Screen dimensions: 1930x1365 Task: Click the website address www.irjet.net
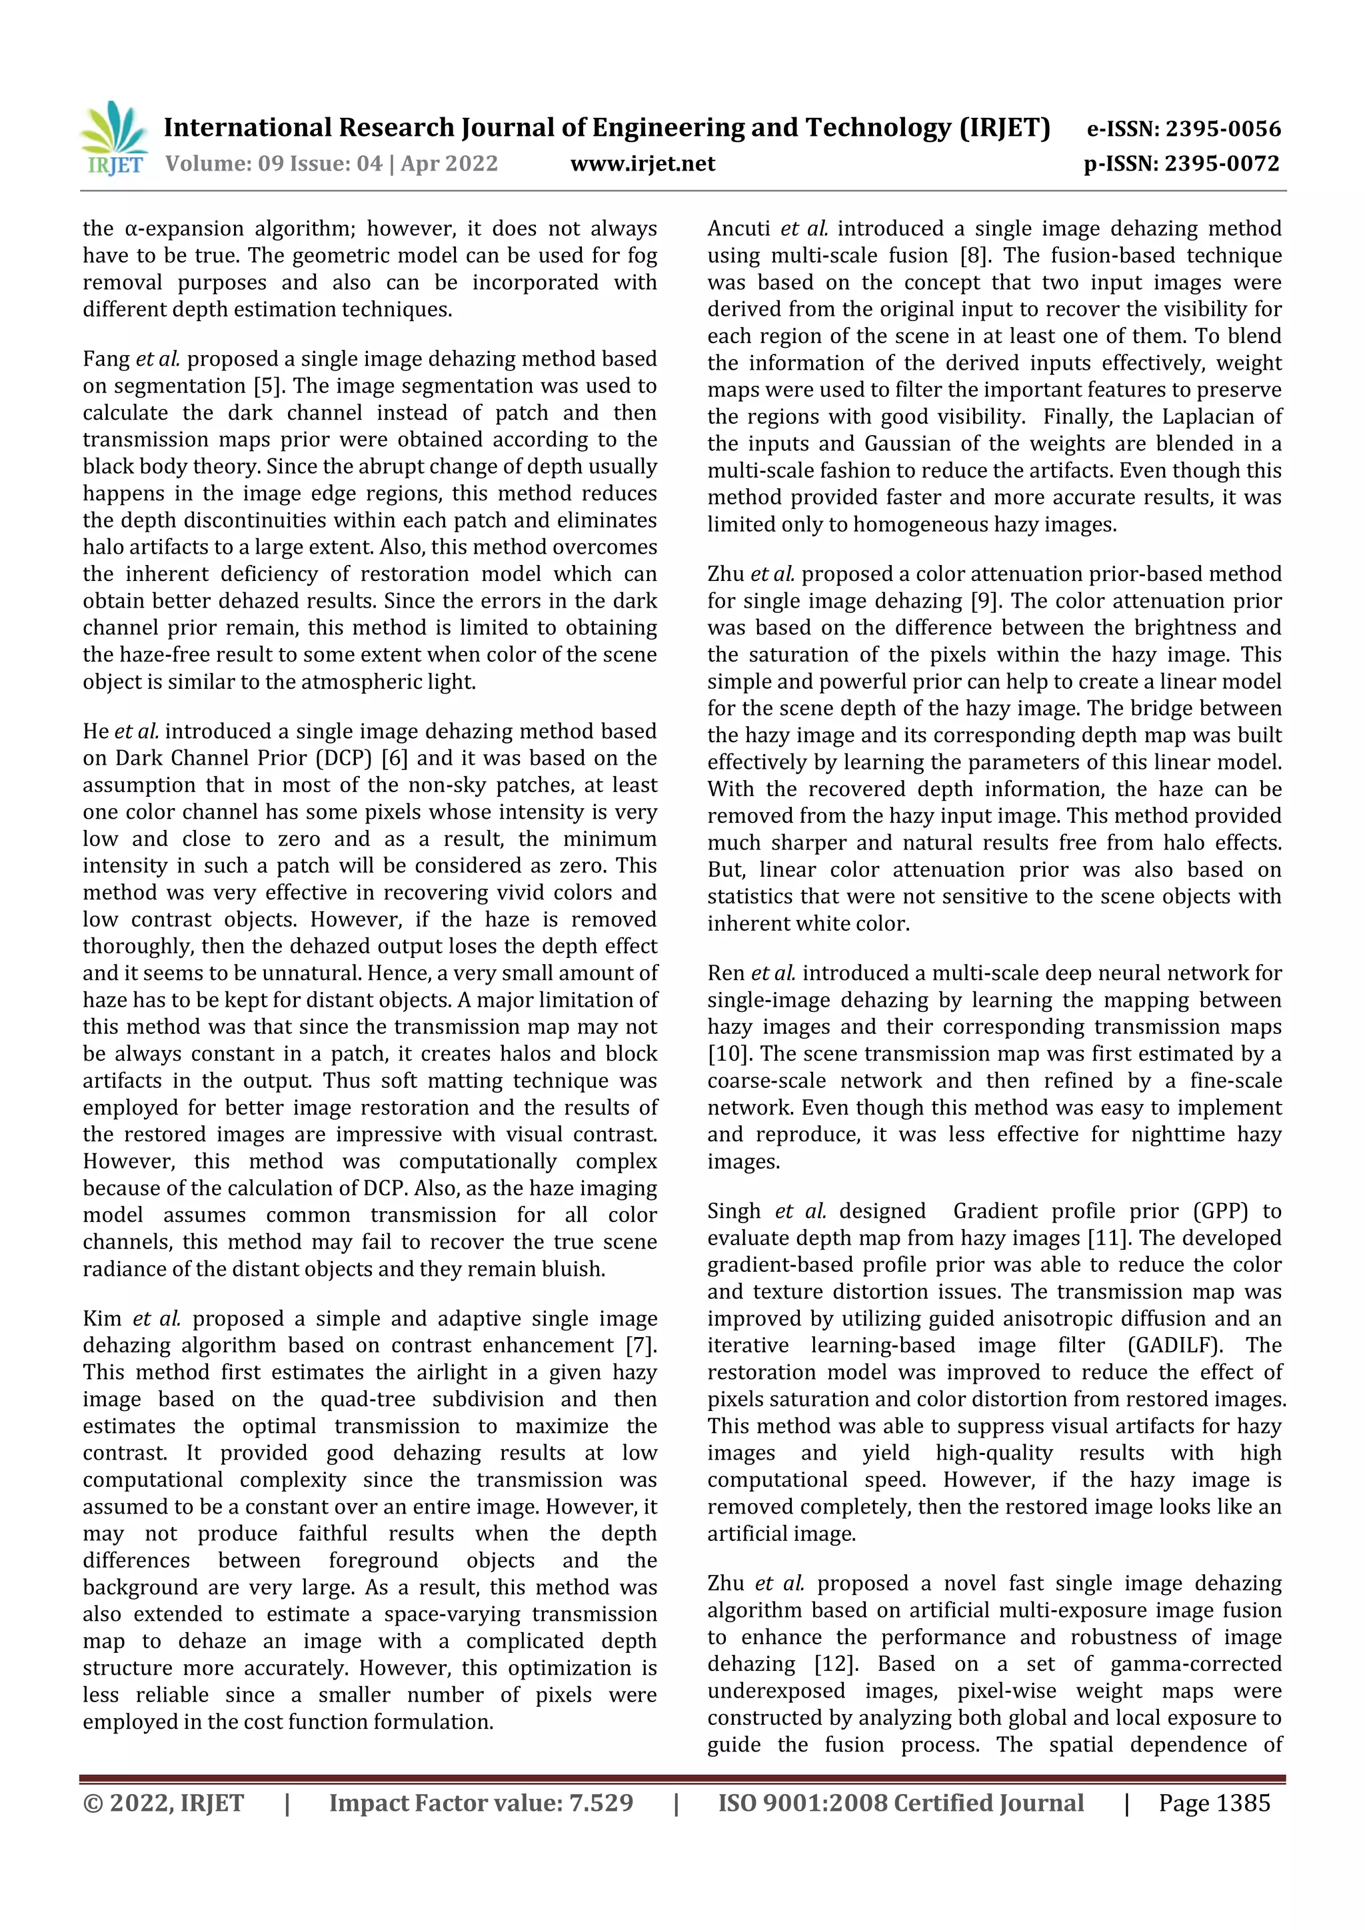pyautogui.click(x=643, y=164)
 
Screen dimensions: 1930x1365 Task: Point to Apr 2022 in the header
pyautogui.click(x=449, y=164)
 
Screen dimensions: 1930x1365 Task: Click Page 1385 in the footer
pyautogui.click(x=1214, y=1803)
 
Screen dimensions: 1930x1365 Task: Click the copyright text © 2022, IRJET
pyautogui.click(x=163, y=1803)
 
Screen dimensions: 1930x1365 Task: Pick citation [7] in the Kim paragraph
pyautogui.click(x=641, y=1346)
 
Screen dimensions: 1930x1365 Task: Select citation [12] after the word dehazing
pyautogui.click(x=836, y=1664)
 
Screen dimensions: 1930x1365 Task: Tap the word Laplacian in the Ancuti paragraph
pyautogui.click(x=1205, y=417)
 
